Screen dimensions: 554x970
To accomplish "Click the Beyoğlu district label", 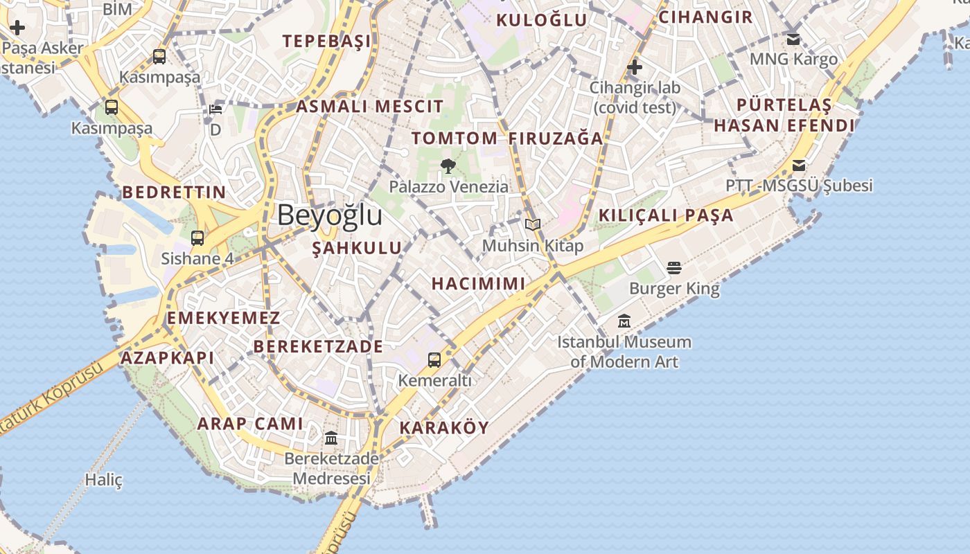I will tap(330, 215).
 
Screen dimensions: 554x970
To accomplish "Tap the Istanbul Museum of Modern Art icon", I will tap(624, 321).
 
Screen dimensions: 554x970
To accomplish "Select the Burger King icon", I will tap(674, 268).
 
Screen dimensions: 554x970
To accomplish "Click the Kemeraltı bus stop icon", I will tap(434, 360).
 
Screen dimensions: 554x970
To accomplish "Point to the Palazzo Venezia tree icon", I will tap(448, 166).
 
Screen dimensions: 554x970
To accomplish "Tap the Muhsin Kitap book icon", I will tap(532, 225).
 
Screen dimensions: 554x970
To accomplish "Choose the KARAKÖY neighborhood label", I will tap(444, 428).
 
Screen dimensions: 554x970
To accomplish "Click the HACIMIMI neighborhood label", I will tap(478, 283).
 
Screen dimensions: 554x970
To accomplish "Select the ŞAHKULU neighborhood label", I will tap(357, 248).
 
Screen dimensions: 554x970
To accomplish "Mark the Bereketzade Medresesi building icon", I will tap(331, 438).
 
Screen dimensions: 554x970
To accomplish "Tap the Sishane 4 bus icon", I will tap(197, 239).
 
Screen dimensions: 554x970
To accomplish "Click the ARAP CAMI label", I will tap(250, 424).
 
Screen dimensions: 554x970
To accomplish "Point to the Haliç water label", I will tap(104, 479).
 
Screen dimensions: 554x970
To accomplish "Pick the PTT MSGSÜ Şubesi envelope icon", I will tap(799, 166).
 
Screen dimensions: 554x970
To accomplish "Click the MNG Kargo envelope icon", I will tap(793, 39).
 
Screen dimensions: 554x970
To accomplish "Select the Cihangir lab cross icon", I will tap(634, 68).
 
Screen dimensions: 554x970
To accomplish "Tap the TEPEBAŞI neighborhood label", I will tap(326, 42).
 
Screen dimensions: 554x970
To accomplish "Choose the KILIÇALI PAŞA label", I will tap(665, 215).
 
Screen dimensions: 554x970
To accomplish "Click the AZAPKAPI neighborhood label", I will tap(167, 358).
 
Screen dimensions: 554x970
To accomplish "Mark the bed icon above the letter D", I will tap(215, 109).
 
